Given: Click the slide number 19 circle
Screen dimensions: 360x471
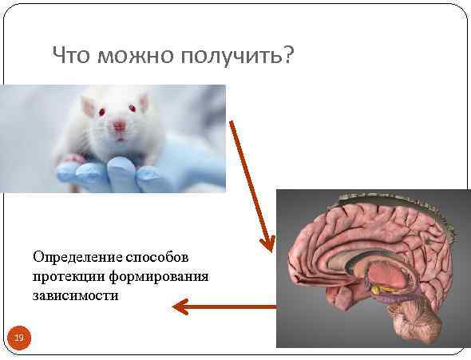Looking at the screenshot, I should [x=18, y=338].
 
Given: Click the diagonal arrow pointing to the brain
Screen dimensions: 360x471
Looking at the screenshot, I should [x=251, y=184].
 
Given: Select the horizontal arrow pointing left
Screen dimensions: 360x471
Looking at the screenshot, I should [x=224, y=306].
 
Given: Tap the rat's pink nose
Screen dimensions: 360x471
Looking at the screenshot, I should [x=119, y=125].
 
